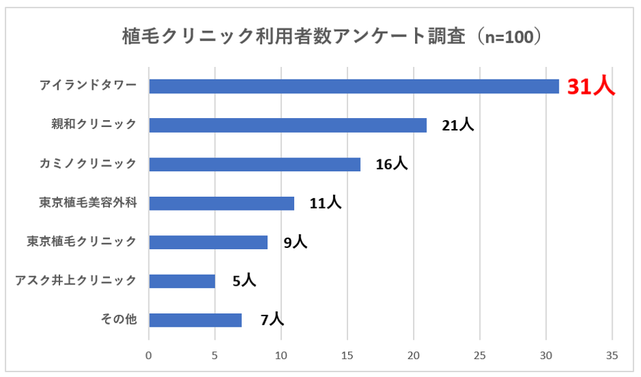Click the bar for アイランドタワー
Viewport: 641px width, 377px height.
tap(354, 86)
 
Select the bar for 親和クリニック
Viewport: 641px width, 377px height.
tap(287, 125)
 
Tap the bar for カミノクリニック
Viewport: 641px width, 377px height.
tap(254, 164)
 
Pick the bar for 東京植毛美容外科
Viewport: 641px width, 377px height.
tap(221, 203)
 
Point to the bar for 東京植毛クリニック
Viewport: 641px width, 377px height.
tap(208, 242)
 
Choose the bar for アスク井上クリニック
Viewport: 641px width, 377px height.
tap(182, 281)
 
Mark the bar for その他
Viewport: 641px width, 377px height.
tap(195, 320)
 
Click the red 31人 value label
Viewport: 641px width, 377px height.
tap(591, 86)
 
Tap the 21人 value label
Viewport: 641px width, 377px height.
tap(458, 125)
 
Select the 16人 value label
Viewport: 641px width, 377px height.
tap(392, 164)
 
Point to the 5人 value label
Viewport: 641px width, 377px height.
tap(244, 281)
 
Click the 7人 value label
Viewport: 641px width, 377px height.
tap(271, 320)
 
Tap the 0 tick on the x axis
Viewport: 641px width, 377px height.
tap(149, 356)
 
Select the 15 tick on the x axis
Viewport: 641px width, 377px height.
tap(347, 356)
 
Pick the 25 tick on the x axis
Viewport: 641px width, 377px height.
tap(480, 356)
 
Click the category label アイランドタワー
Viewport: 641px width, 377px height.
tap(88, 86)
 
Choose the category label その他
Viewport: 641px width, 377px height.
tap(119, 320)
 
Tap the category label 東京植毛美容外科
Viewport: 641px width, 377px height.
tap(88, 203)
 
